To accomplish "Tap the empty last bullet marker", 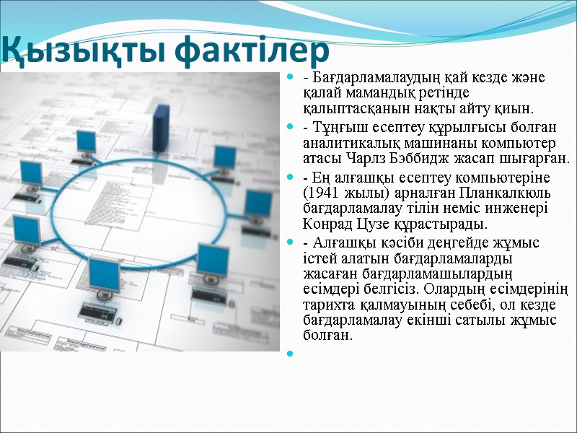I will [x=290, y=353].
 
